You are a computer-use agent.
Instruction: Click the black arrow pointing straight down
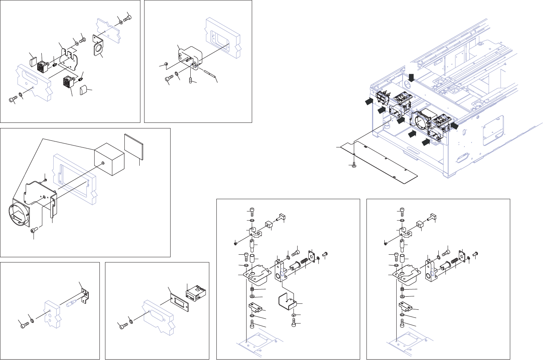[x=411, y=77]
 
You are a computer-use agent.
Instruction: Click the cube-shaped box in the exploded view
[x=109, y=159]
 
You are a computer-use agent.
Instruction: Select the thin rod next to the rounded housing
[x=209, y=73]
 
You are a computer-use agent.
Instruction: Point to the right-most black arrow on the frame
[x=454, y=126]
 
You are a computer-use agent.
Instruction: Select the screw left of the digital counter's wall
[x=123, y=326]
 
